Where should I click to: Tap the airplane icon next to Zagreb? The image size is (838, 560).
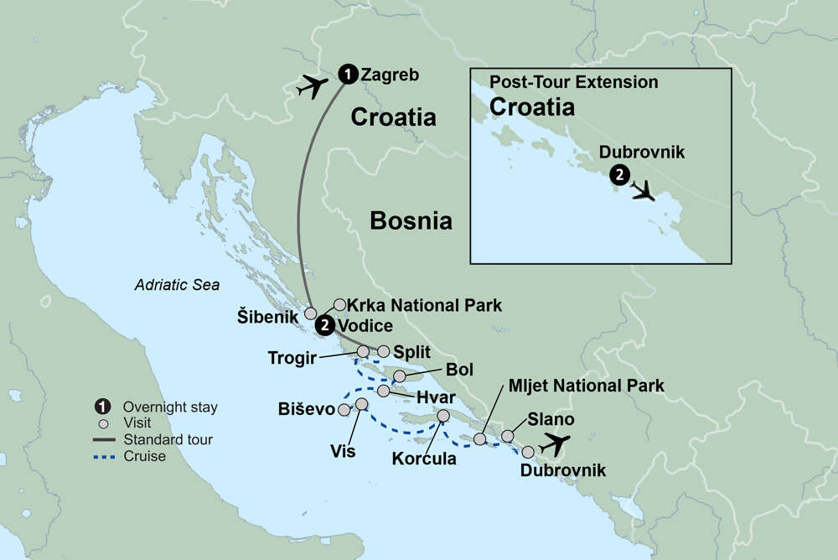(x=313, y=86)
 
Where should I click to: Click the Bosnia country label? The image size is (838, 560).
(x=411, y=220)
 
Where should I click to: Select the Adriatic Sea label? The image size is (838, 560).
(x=177, y=285)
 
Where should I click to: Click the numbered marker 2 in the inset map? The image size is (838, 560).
(x=618, y=175)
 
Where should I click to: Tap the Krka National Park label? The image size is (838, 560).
(x=425, y=305)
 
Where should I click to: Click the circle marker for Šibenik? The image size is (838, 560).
(x=310, y=314)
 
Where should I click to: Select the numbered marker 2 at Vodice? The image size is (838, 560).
(x=326, y=326)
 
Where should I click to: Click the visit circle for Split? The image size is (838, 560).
(x=384, y=351)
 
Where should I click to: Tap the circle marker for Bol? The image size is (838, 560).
(x=400, y=376)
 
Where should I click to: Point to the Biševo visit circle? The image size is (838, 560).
(x=343, y=410)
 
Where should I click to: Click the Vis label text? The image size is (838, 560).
(x=343, y=451)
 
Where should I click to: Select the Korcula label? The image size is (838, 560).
(x=424, y=459)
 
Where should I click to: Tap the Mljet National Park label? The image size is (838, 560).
(x=586, y=386)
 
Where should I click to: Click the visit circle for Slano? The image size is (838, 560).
(x=508, y=435)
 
